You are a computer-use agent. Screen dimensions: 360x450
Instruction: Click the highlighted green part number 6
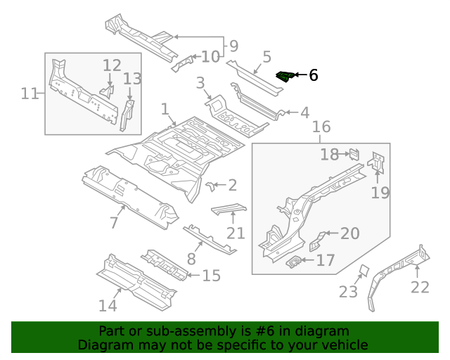pyautogui.click(x=285, y=76)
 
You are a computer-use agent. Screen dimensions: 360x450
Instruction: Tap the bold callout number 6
pyautogui.click(x=313, y=75)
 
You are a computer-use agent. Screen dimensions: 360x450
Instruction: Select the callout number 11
pyautogui.click(x=29, y=93)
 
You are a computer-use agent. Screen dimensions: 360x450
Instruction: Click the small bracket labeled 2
pyautogui.click(x=210, y=185)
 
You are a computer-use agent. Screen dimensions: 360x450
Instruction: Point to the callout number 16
pyautogui.click(x=321, y=127)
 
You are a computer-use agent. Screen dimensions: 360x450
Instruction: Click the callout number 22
pyautogui.click(x=419, y=286)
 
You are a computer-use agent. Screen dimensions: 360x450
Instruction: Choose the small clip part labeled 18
pyautogui.click(x=355, y=154)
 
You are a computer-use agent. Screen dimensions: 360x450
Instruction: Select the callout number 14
pyautogui.click(x=108, y=305)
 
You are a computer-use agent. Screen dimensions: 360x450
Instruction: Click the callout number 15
pyautogui.click(x=211, y=276)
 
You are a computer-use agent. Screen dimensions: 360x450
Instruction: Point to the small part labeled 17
pyautogui.click(x=295, y=262)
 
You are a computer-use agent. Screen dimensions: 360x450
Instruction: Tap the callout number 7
pyautogui.click(x=113, y=223)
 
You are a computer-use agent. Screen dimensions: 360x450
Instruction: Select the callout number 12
pyautogui.click(x=112, y=66)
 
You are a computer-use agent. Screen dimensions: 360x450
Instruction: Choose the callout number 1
pyautogui.click(x=165, y=110)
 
